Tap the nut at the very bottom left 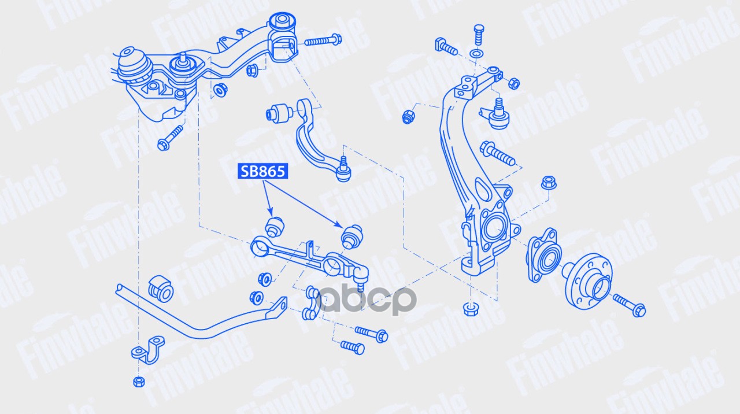click(x=138, y=381)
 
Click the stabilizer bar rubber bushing click(x=161, y=288)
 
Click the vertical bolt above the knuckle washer click(x=478, y=35)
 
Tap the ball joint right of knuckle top click(x=498, y=115)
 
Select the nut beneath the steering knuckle click(x=469, y=308)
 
